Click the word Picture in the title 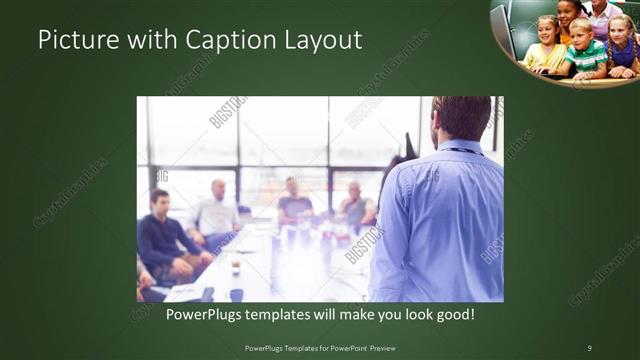[x=73, y=41]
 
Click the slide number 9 [x=589, y=347]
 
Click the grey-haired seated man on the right [x=354, y=205]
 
